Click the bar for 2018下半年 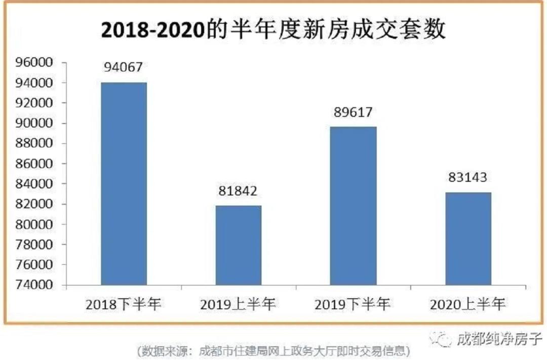[124, 183]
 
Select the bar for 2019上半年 [239, 245]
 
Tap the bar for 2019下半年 [353, 206]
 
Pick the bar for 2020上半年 [468, 238]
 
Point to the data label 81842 [238, 191]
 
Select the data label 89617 [353, 112]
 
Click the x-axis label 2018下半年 [124, 304]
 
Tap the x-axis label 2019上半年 [238, 304]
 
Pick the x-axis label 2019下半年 [353, 304]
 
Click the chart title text [273, 30]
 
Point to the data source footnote [273, 350]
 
